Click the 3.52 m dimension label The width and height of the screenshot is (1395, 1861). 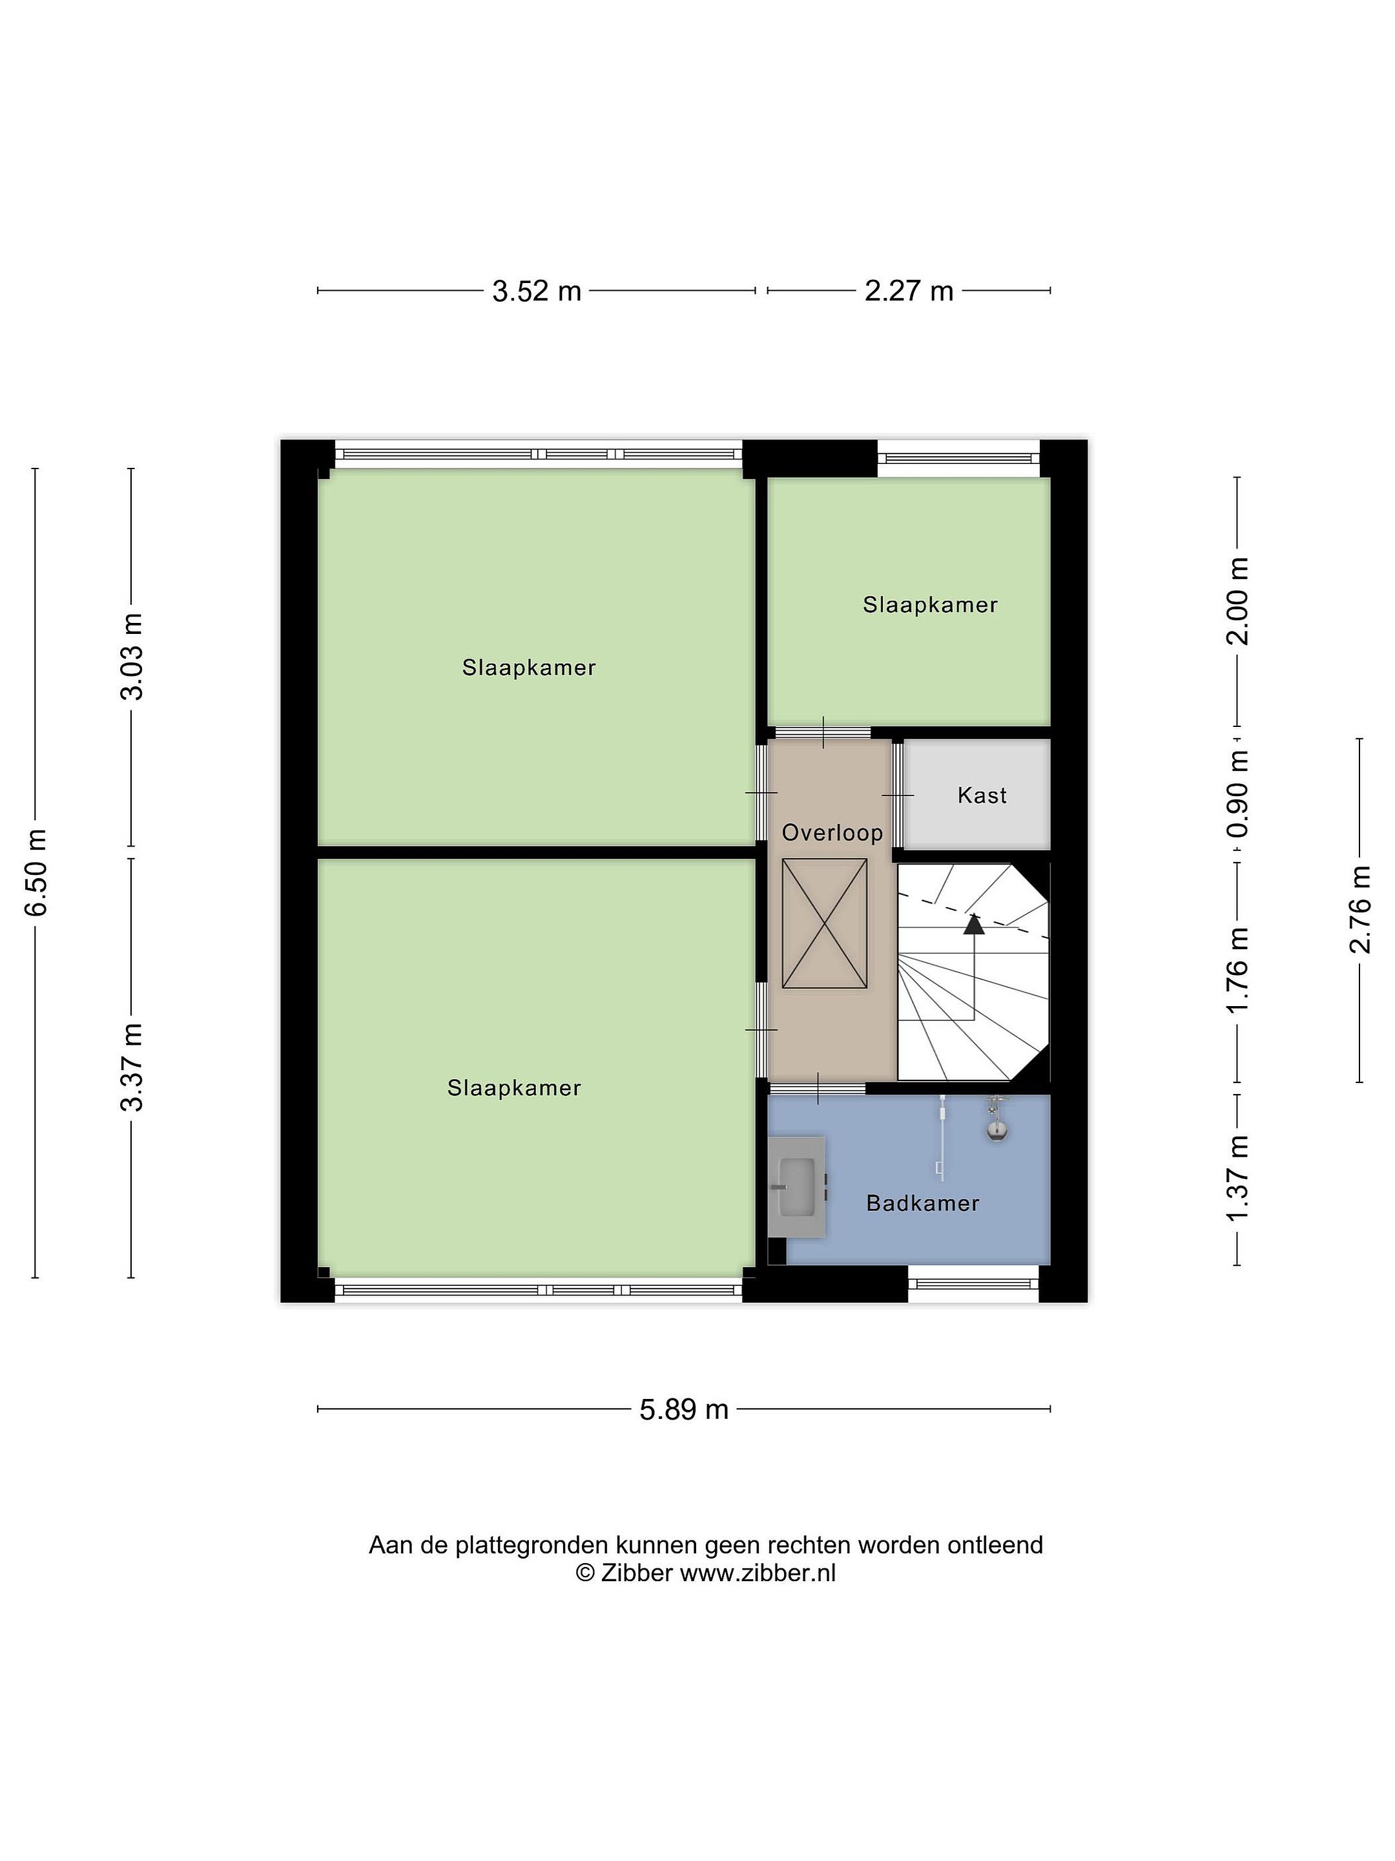(537, 291)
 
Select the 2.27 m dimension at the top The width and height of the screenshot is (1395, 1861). (909, 291)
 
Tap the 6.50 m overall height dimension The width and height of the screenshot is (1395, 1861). (36, 872)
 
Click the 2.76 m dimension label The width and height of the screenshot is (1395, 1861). (1359, 909)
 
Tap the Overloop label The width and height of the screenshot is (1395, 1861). (832, 833)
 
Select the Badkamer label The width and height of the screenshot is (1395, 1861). (922, 1203)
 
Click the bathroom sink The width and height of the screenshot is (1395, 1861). (796, 1187)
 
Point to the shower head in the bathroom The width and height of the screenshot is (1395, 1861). (997, 1120)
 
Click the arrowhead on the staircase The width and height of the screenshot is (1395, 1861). (974, 924)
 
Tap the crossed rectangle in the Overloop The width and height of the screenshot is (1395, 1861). (824, 923)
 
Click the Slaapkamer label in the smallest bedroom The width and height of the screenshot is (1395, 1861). (930, 605)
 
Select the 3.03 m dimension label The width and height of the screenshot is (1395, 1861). (132, 657)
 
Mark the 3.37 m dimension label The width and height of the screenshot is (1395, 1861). (132, 1067)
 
